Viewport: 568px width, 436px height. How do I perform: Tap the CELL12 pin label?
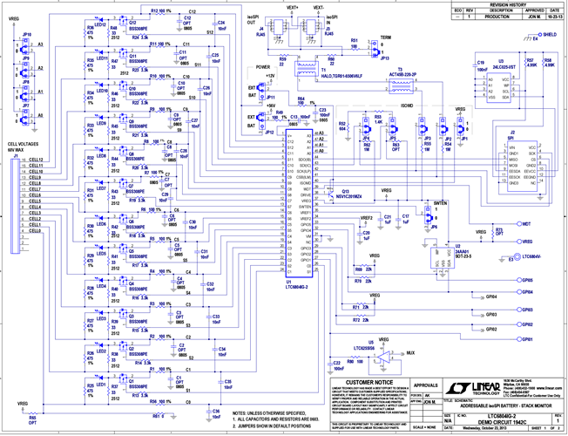(x=36, y=160)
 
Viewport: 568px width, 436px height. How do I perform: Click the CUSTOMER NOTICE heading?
(x=368, y=381)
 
